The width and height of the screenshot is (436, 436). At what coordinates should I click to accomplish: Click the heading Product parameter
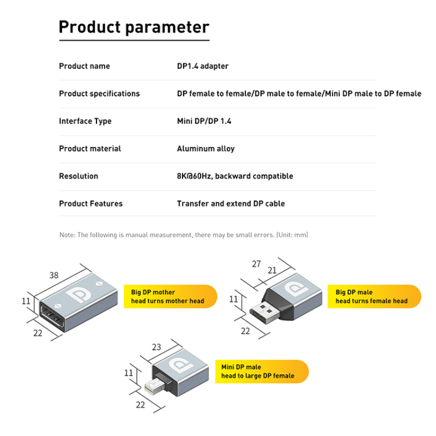pyautogui.click(x=134, y=27)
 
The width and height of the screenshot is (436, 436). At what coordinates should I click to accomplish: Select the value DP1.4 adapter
pyautogui.click(x=202, y=66)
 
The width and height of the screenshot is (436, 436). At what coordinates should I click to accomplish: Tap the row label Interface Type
pyautogui.click(x=85, y=121)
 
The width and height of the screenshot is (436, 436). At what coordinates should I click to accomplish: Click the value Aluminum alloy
pyautogui.click(x=205, y=149)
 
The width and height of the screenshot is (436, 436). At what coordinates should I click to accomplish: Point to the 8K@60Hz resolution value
pyautogui.click(x=235, y=176)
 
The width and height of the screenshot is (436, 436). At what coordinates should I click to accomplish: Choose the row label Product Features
pyautogui.click(x=91, y=203)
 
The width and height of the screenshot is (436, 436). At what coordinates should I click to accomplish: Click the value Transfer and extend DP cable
pyautogui.click(x=231, y=203)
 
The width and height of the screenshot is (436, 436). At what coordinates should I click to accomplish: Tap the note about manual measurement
pyautogui.click(x=184, y=235)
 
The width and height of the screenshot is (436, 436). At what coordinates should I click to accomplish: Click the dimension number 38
pyautogui.click(x=54, y=276)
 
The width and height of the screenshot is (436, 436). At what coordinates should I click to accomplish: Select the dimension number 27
pyautogui.click(x=256, y=263)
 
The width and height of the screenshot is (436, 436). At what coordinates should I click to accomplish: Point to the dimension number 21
pyautogui.click(x=272, y=270)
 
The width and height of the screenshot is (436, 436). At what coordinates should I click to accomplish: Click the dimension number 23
pyautogui.click(x=156, y=347)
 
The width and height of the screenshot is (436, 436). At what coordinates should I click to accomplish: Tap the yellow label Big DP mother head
pyautogui.click(x=169, y=296)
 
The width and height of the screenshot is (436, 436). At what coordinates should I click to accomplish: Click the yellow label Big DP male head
pyautogui.click(x=374, y=296)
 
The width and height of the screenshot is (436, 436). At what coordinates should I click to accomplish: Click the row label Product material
pyautogui.click(x=90, y=149)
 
